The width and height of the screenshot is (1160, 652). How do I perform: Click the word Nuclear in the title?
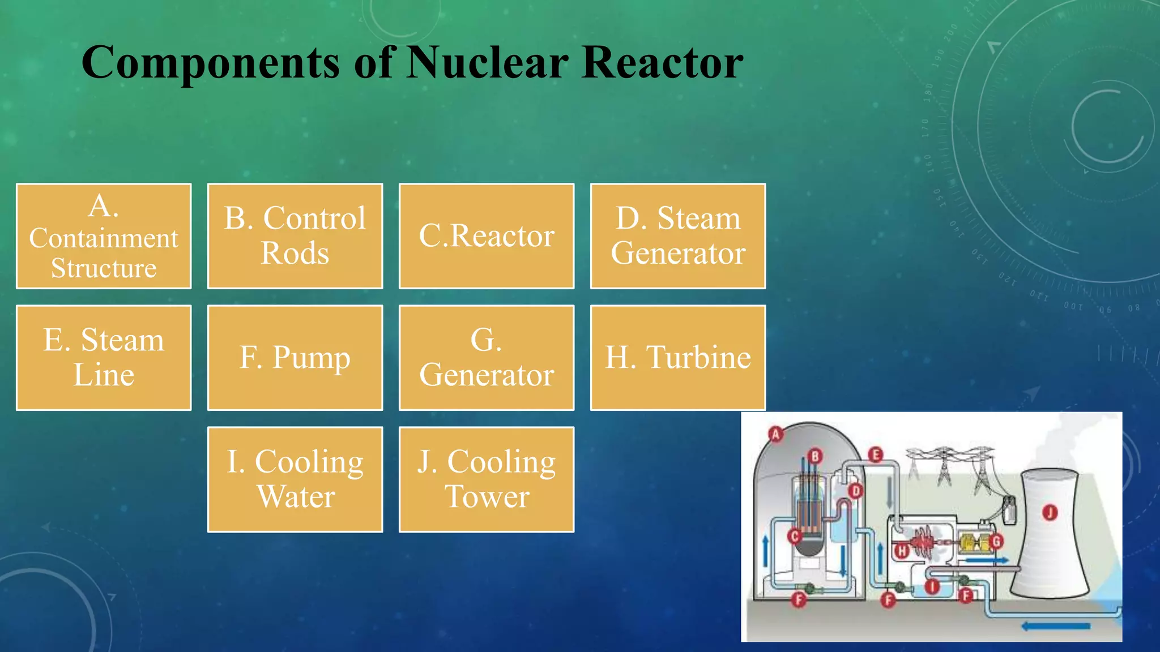pos(487,62)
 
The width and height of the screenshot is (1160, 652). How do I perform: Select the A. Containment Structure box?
pos(104,236)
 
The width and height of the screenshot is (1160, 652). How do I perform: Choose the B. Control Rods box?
pos(295,236)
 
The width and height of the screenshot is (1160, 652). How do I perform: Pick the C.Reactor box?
pos(487,236)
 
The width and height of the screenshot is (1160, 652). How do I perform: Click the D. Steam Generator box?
pos(678,236)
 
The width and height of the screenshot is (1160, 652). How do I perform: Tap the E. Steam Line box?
pos(104,358)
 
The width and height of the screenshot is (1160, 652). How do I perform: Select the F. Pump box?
pos(295,358)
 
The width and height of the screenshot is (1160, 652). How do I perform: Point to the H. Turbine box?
pos(678,358)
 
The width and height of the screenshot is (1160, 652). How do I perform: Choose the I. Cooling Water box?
pos(295,479)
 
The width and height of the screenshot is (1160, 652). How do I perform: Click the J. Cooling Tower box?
pos(487,479)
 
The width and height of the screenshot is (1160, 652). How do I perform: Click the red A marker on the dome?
pos(775,434)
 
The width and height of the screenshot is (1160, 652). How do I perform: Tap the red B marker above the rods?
pos(815,456)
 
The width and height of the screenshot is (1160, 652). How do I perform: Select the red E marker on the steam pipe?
pos(875,454)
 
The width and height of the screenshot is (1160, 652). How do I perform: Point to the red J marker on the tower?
pos(1050,513)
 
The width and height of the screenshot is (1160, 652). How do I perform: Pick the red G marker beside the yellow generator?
pos(996,541)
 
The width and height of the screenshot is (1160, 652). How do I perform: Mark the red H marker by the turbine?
pos(901,550)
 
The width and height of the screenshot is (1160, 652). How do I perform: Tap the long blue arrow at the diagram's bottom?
pos(1056,626)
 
